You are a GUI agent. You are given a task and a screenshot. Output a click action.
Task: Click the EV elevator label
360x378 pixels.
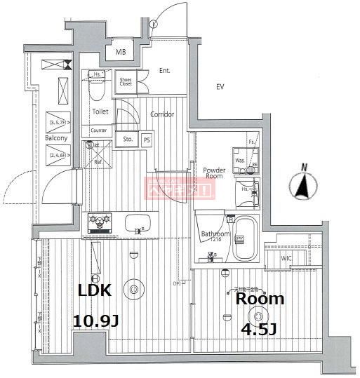(x=219, y=87)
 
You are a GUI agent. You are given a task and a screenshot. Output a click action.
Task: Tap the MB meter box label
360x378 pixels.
(x=121, y=51)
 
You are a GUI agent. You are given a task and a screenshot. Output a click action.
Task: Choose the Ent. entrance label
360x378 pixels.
(x=165, y=71)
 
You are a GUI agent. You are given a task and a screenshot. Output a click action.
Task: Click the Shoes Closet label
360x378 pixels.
(x=125, y=82)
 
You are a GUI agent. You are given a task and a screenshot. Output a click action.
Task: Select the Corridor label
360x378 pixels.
(x=161, y=114)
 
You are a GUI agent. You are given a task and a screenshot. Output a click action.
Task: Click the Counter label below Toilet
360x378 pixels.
(x=98, y=130)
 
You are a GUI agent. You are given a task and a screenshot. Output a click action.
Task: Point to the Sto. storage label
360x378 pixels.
(x=128, y=139)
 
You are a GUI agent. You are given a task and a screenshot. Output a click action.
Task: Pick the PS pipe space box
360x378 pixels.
(x=147, y=139)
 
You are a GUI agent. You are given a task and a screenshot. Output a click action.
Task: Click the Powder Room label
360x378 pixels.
(x=213, y=173)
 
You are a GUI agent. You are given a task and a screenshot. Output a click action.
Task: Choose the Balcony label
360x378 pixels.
(x=56, y=138)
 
